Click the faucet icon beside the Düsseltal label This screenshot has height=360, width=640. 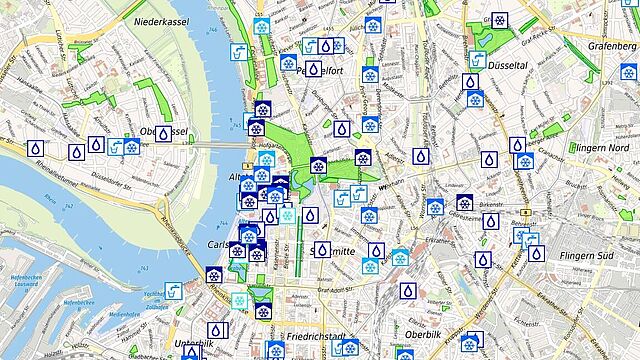click(x=477, y=56)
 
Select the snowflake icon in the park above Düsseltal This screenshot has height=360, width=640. click(x=498, y=20)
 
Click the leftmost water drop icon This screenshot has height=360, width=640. click(x=36, y=148)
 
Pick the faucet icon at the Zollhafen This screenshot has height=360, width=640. click(x=173, y=291)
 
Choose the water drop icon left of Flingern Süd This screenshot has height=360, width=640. click(x=536, y=253)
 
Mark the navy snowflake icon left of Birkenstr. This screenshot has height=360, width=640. click(x=465, y=203)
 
